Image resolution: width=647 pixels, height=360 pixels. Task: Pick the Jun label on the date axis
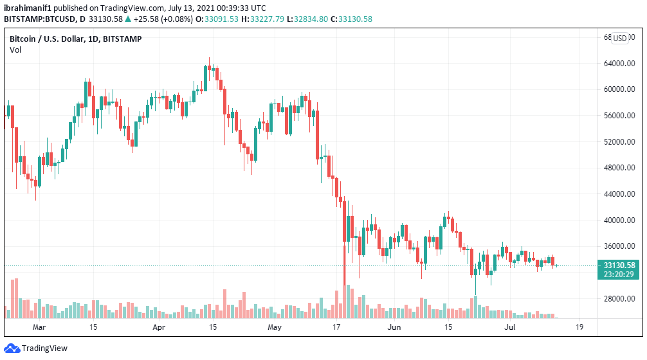(x=394, y=327)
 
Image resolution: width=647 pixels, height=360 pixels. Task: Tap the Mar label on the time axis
(x=40, y=327)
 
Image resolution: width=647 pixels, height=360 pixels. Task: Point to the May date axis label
(x=275, y=327)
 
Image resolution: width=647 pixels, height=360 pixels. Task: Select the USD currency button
(x=620, y=38)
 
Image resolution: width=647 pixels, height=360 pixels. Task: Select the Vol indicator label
(x=15, y=50)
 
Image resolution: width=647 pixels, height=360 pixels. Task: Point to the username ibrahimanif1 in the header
(x=26, y=6)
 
